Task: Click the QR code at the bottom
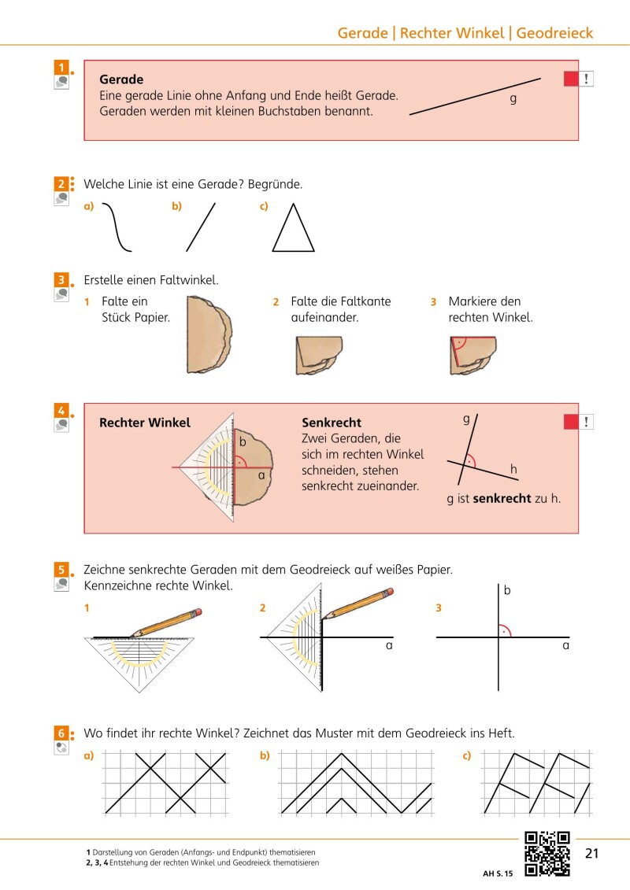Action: click(547, 854)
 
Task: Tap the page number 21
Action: click(593, 854)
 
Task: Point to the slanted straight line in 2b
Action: click(200, 227)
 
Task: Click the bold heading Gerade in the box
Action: click(121, 79)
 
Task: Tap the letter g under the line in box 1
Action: click(513, 99)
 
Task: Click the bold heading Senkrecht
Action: click(332, 423)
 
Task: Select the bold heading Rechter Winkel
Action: click(145, 423)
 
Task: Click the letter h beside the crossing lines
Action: click(513, 470)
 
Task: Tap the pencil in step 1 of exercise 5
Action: click(167, 621)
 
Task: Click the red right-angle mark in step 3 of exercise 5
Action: click(504, 630)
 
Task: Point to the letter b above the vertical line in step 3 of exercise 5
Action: click(507, 589)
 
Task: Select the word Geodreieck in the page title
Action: click(554, 33)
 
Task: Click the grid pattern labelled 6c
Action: click(537, 782)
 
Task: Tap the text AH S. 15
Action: click(498, 873)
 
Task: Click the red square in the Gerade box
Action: click(571, 79)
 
